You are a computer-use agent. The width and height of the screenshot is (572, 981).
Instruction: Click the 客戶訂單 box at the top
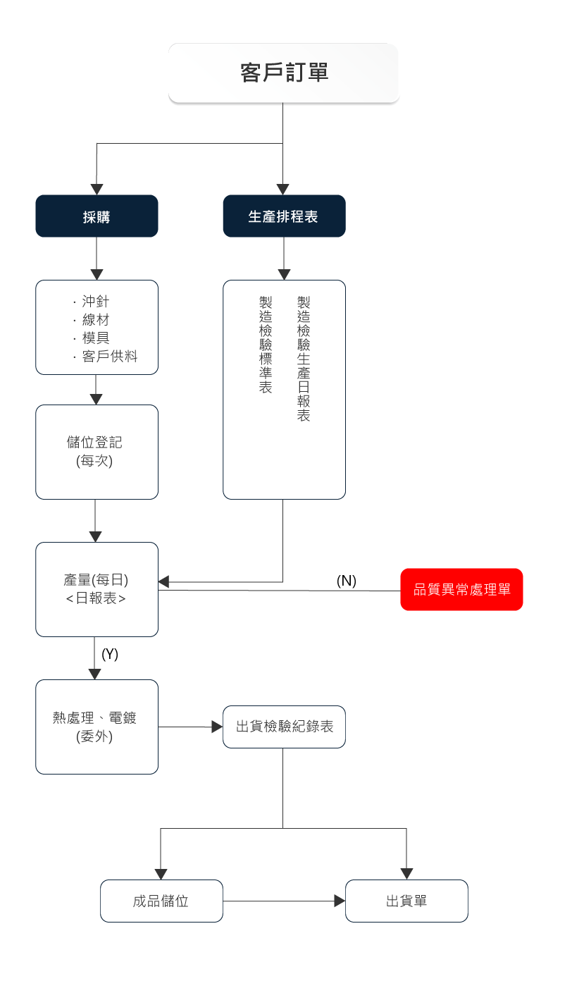[x=284, y=73]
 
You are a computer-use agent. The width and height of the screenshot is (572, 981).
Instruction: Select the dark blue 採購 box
[x=97, y=216]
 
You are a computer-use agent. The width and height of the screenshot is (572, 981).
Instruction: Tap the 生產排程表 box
[x=284, y=216]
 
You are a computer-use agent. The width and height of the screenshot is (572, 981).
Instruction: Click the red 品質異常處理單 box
[x=461, y=589]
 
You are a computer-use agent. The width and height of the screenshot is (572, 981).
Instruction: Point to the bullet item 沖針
[x=95, y=302]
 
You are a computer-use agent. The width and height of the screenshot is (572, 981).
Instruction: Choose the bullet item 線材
[x=95, y=320]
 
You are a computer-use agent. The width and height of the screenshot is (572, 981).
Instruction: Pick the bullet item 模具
[x=95, y=338]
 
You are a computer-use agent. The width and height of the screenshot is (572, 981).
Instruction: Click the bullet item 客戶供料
[x=108, y=357]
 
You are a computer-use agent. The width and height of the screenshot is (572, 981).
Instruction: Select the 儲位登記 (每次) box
[x=97, y=452]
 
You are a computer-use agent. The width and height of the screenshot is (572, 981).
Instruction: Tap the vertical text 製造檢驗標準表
[x=266, y=345]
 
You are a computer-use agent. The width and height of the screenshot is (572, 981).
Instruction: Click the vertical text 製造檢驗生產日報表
[x=304, y=359]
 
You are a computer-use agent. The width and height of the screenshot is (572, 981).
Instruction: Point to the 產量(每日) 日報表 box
[x=97, y=589]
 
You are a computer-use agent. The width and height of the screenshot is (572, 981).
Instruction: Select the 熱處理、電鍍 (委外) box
[x=97, y=727]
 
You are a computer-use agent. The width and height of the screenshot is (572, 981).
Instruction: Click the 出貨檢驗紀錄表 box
[x=284, y=727]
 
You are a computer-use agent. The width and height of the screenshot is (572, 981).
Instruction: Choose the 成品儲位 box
[x=161, y=901]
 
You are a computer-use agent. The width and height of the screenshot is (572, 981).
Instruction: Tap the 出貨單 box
[x=406, y=901]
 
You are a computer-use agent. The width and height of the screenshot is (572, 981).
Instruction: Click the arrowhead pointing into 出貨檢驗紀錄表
[x=217, y=727]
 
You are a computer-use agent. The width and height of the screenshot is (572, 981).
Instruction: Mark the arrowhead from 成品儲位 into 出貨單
[x=340, y=901]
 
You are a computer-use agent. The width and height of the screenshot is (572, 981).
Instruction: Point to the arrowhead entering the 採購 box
[x=97, y=189]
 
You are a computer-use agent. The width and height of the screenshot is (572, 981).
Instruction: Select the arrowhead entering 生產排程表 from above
[x=283, y=189]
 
